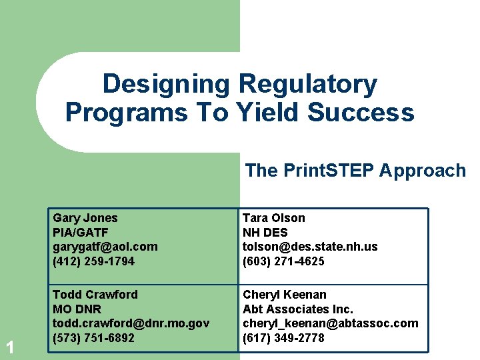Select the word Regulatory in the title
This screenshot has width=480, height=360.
[307, 85]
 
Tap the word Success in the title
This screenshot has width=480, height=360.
[361, 113]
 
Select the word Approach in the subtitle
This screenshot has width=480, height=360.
[423, 171]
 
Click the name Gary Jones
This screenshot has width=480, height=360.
[85, 218]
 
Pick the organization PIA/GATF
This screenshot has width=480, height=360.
[81, 233]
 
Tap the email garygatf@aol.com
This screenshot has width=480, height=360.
[105, 247]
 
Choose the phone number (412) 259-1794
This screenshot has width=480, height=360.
[93, 261]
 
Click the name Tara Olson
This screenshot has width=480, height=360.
[273, 218]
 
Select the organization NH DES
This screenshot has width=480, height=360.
[265, 233]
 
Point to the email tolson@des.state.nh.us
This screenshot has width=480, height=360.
[310, 247]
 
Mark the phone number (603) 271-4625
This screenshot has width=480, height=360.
[283, 261]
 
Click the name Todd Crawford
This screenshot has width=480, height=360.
[95, 295]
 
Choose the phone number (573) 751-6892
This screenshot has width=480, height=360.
[93, 338]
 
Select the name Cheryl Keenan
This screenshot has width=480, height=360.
[284, 295]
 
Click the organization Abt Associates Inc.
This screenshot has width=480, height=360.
[297, 309]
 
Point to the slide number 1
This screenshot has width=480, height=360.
[10, 347]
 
